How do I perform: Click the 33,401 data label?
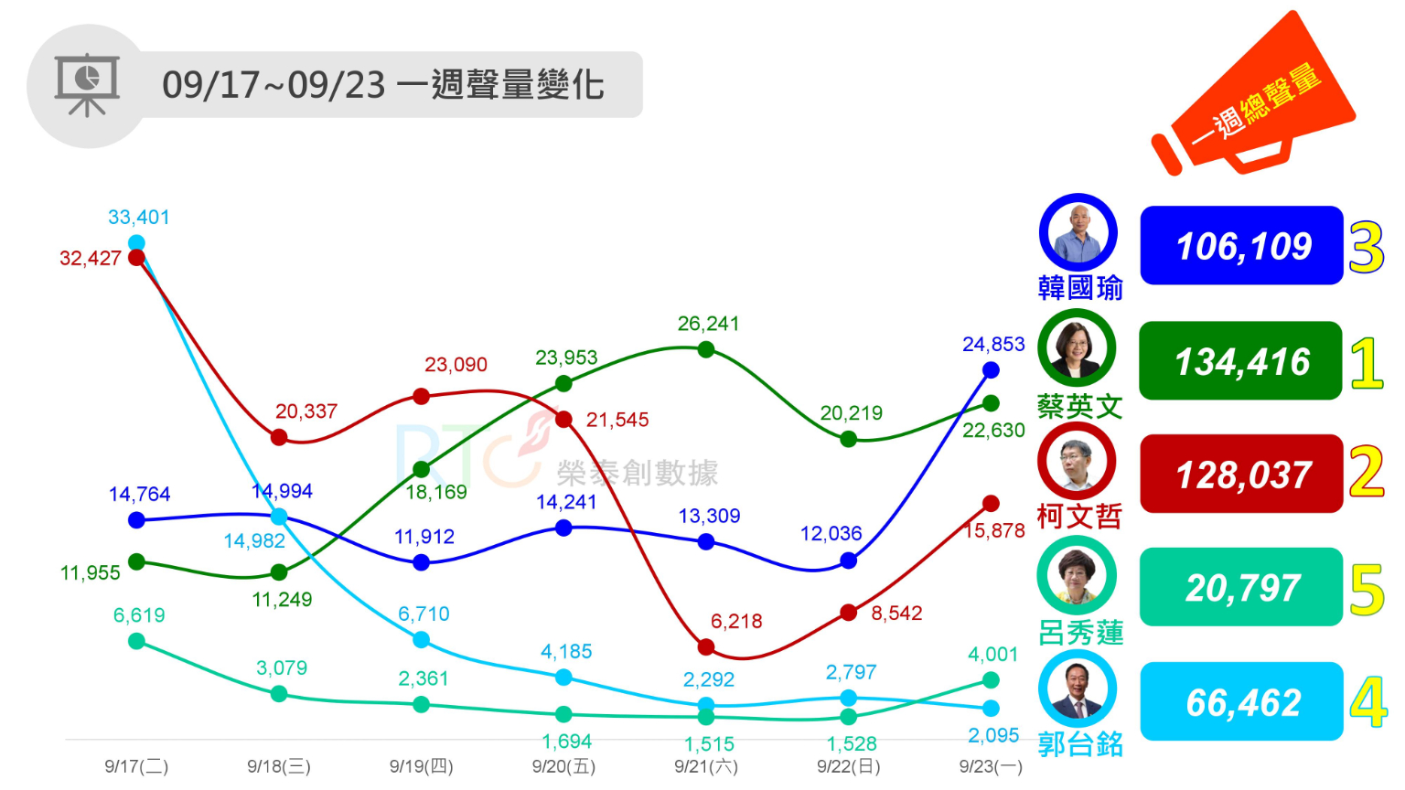[139, 218]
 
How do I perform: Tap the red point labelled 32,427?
[137, 257]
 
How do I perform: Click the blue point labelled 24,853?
[991, 370]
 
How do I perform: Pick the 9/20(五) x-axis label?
[563, 766]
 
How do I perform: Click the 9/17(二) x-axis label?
[136, 766]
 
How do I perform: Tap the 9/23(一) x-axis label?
[991, 766]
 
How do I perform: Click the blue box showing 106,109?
[1241, 246]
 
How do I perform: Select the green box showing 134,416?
[1240, 361]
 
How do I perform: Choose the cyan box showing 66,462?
[1241, 702]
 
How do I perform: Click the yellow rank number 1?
[1367, 363]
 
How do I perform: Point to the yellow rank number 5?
[1367, 590]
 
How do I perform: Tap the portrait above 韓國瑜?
[1078, 232]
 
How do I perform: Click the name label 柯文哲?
[1079, 518]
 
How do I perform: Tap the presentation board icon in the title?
[87, 85]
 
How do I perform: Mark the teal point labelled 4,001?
[991, 679]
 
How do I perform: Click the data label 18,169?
[436, 493]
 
